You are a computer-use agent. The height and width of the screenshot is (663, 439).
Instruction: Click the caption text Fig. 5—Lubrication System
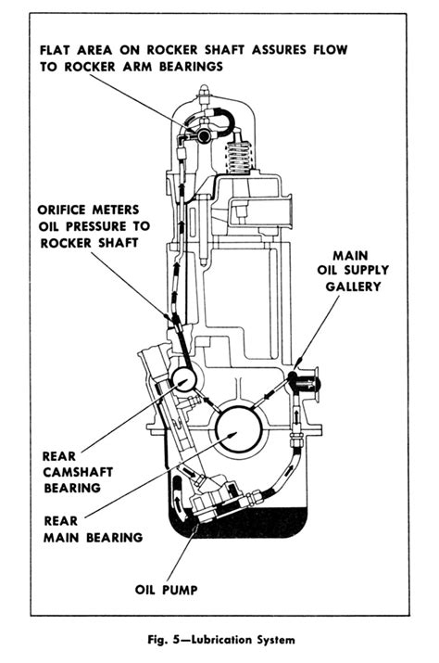point(219,639)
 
